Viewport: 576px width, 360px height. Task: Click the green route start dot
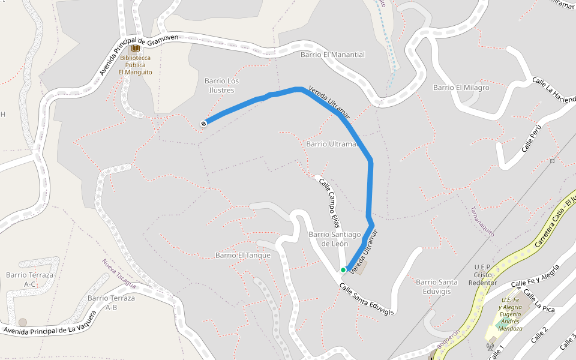point(343,270)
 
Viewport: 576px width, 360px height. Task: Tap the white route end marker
point(204,124)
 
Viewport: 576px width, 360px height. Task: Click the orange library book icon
point(135,48)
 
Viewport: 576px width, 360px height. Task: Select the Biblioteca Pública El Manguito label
point(135,65)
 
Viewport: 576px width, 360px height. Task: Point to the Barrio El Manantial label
point(332,55)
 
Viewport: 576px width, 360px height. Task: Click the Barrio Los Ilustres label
point(221,85)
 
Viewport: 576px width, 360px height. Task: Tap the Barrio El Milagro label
point(461,88)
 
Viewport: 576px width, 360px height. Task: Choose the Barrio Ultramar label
point(332,144)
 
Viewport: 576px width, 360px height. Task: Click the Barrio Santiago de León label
point(334,239)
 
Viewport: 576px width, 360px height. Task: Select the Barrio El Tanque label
point(243,255)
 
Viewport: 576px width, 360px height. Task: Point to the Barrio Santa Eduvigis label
point(436,286)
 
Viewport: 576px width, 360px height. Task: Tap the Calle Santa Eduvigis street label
point(366,299)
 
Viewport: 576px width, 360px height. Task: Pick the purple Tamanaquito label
point(482,221)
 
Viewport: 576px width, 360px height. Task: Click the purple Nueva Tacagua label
point(119,275)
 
